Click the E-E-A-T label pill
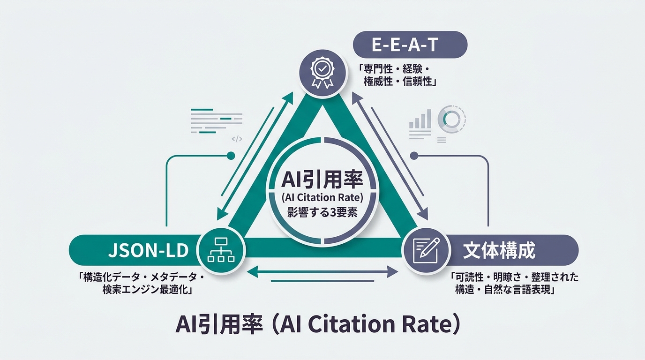click(x=410, y=45)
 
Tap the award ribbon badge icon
click(x=322, y=73)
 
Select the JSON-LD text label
click(x=148, y=251)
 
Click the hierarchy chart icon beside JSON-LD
click(x=221, y=250)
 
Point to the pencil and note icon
click(x=426, y=250)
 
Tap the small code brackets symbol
click(x=237, y=139)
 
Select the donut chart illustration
click(x=452, y=119)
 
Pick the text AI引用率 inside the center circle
click(x=322, y=180)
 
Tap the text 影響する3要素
click(x=322, y=212)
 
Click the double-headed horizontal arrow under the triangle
click(x=322, y=271)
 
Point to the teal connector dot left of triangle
click(x=231, y=156)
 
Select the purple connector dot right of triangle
click(x=414, y=156)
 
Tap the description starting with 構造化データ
click(x=141, y=284)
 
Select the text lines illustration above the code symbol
click(x=217, y=121)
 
